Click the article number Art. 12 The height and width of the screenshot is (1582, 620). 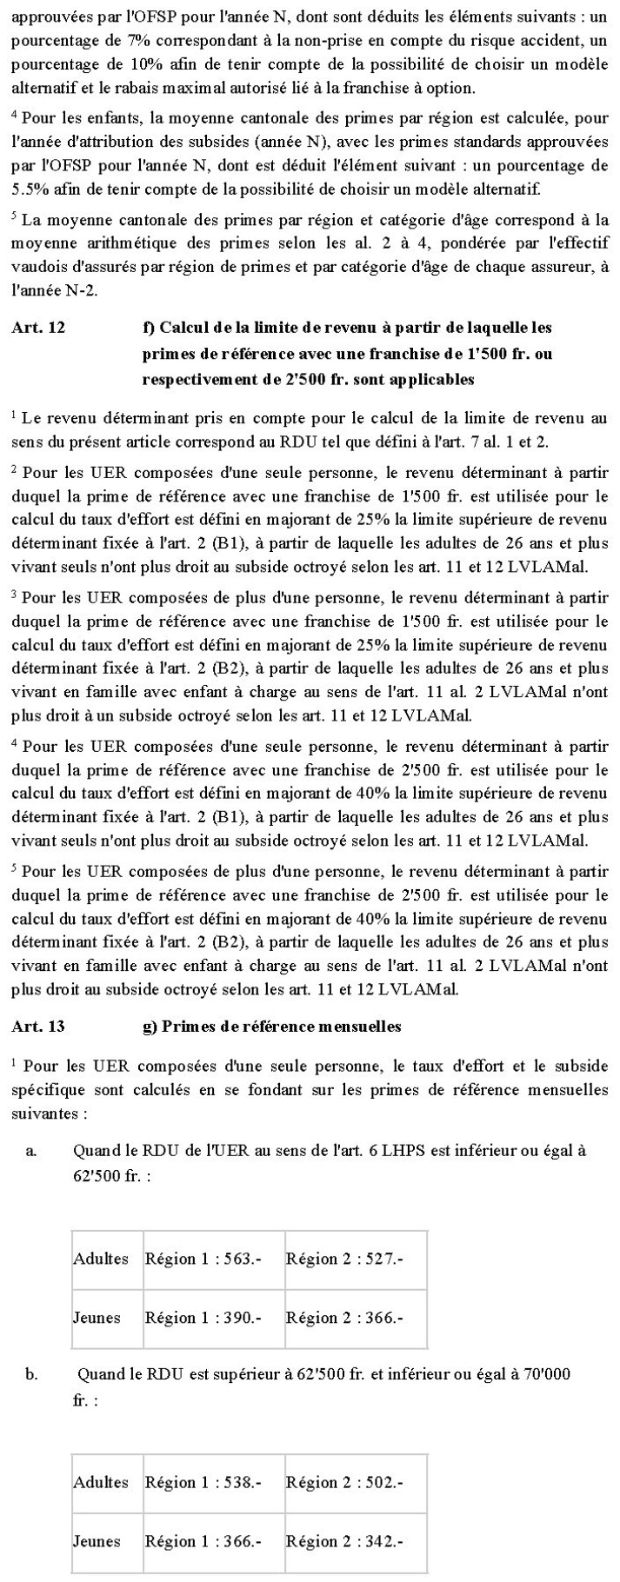tap(38, 328)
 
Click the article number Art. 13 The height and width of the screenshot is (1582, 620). tap(38, 1027)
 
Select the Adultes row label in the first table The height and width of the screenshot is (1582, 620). tap(101, 1259)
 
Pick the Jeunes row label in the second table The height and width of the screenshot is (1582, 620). tap(97, 1542)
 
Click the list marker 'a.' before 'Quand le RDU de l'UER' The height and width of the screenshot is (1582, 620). tap(31, 1151)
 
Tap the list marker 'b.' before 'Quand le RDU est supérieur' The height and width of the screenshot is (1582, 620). tap(31, 1374)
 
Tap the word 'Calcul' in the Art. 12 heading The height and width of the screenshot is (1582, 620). tap(185, 328)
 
